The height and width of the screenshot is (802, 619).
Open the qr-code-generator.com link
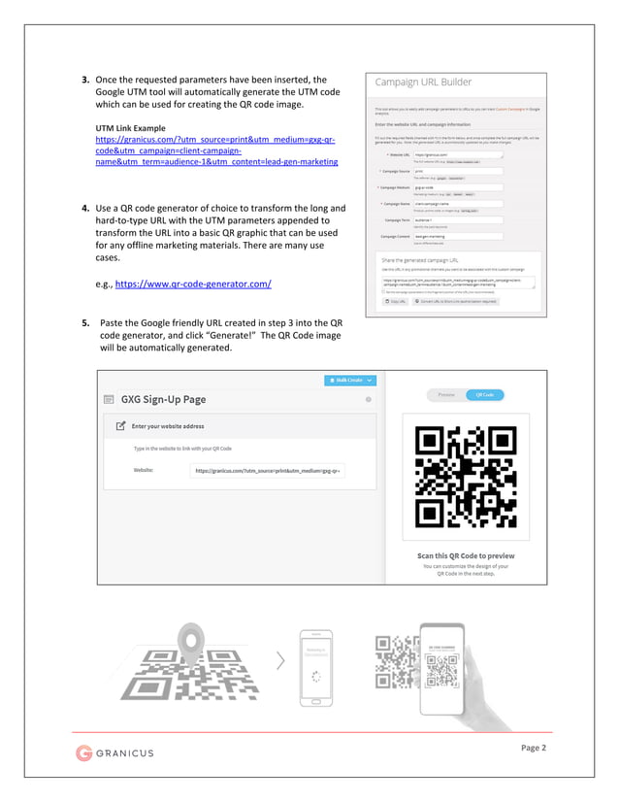(193, 284)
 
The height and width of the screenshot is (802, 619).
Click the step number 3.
(85, 80)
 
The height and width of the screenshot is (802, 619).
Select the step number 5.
(85, 322)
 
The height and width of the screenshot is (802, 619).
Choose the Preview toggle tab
(446, 395)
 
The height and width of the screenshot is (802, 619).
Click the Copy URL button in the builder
(394, 302)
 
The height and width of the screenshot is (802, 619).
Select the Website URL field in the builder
(458, 154)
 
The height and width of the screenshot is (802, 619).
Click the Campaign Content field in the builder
(458, 236)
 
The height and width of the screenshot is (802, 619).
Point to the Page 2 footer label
(533, 748)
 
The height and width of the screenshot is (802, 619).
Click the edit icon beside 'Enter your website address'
(120, 425)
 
